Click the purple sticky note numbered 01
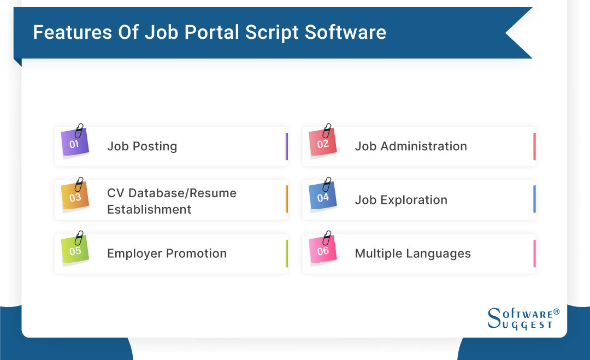(x=75, y=144)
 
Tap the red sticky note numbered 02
(x=323, y=144)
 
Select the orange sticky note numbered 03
(x=75, y=197)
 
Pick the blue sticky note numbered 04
(x=323, y=197)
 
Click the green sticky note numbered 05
(x=75, y=251)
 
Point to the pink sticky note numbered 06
(x=323, y=251)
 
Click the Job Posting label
(x=142, y=146)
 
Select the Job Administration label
(x=411, y=146)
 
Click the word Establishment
(x=149, y=209)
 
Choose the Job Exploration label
(x=401, y=200)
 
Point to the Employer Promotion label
(x=167, y=253)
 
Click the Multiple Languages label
(x=412, y=253)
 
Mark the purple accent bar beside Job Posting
(x=286, y=146)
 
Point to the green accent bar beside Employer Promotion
(x=286, y=253)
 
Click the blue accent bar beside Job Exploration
(x=534, y=199)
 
